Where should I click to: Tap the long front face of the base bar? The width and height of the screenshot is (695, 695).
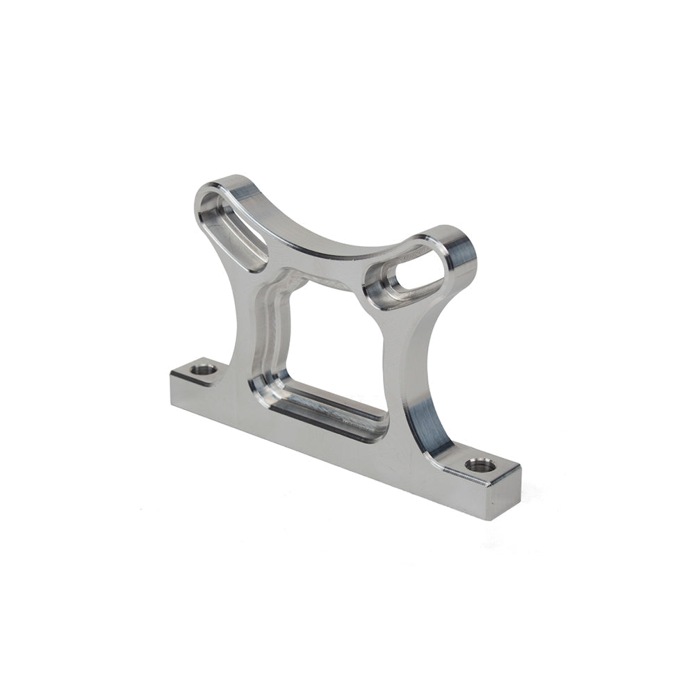(x=327, y=445)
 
